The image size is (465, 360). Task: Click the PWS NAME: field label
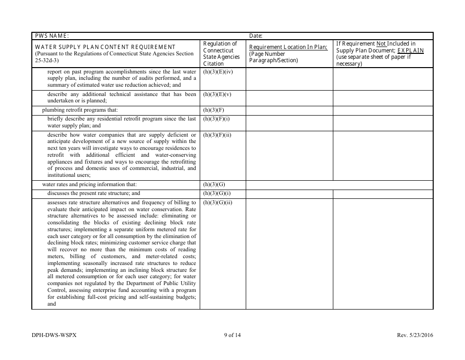pyautogui.click(x=52, y=36)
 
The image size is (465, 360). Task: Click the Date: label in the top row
pyautogui.click(x=256, y=36)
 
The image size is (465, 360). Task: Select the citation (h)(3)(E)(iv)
pyautogui.click(x=217, y=72)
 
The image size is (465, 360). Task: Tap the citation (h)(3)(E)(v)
pyautogui.click(x=216, y=95)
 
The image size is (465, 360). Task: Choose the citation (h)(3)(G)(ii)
pyautogui.click(x=217, y=202)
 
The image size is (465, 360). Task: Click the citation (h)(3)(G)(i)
pyautogui.click(x=216, y=193)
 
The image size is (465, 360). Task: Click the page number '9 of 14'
pyautogui.click(x=232, y=336)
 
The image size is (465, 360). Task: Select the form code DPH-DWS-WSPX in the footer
pyautogui.click(x=54, y=336)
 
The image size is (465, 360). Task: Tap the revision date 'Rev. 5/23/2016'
pyautogui.click(x=415, y=336)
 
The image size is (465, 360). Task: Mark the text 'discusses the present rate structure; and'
pyautogui.click(x=93, y=193)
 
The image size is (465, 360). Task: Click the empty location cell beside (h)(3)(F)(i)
pyautogui.click(x=289, y=122)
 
